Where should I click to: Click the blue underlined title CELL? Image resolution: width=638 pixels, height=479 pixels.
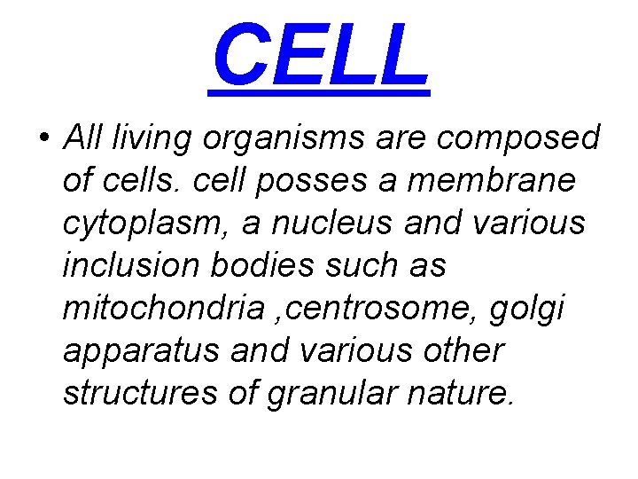point(320,56)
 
